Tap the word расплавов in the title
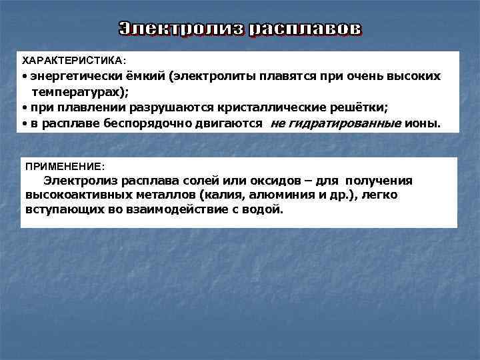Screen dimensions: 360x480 coord(306,29)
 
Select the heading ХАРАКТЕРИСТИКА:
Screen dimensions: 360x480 coord(74,60)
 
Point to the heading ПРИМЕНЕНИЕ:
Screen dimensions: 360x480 coord(65,164)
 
